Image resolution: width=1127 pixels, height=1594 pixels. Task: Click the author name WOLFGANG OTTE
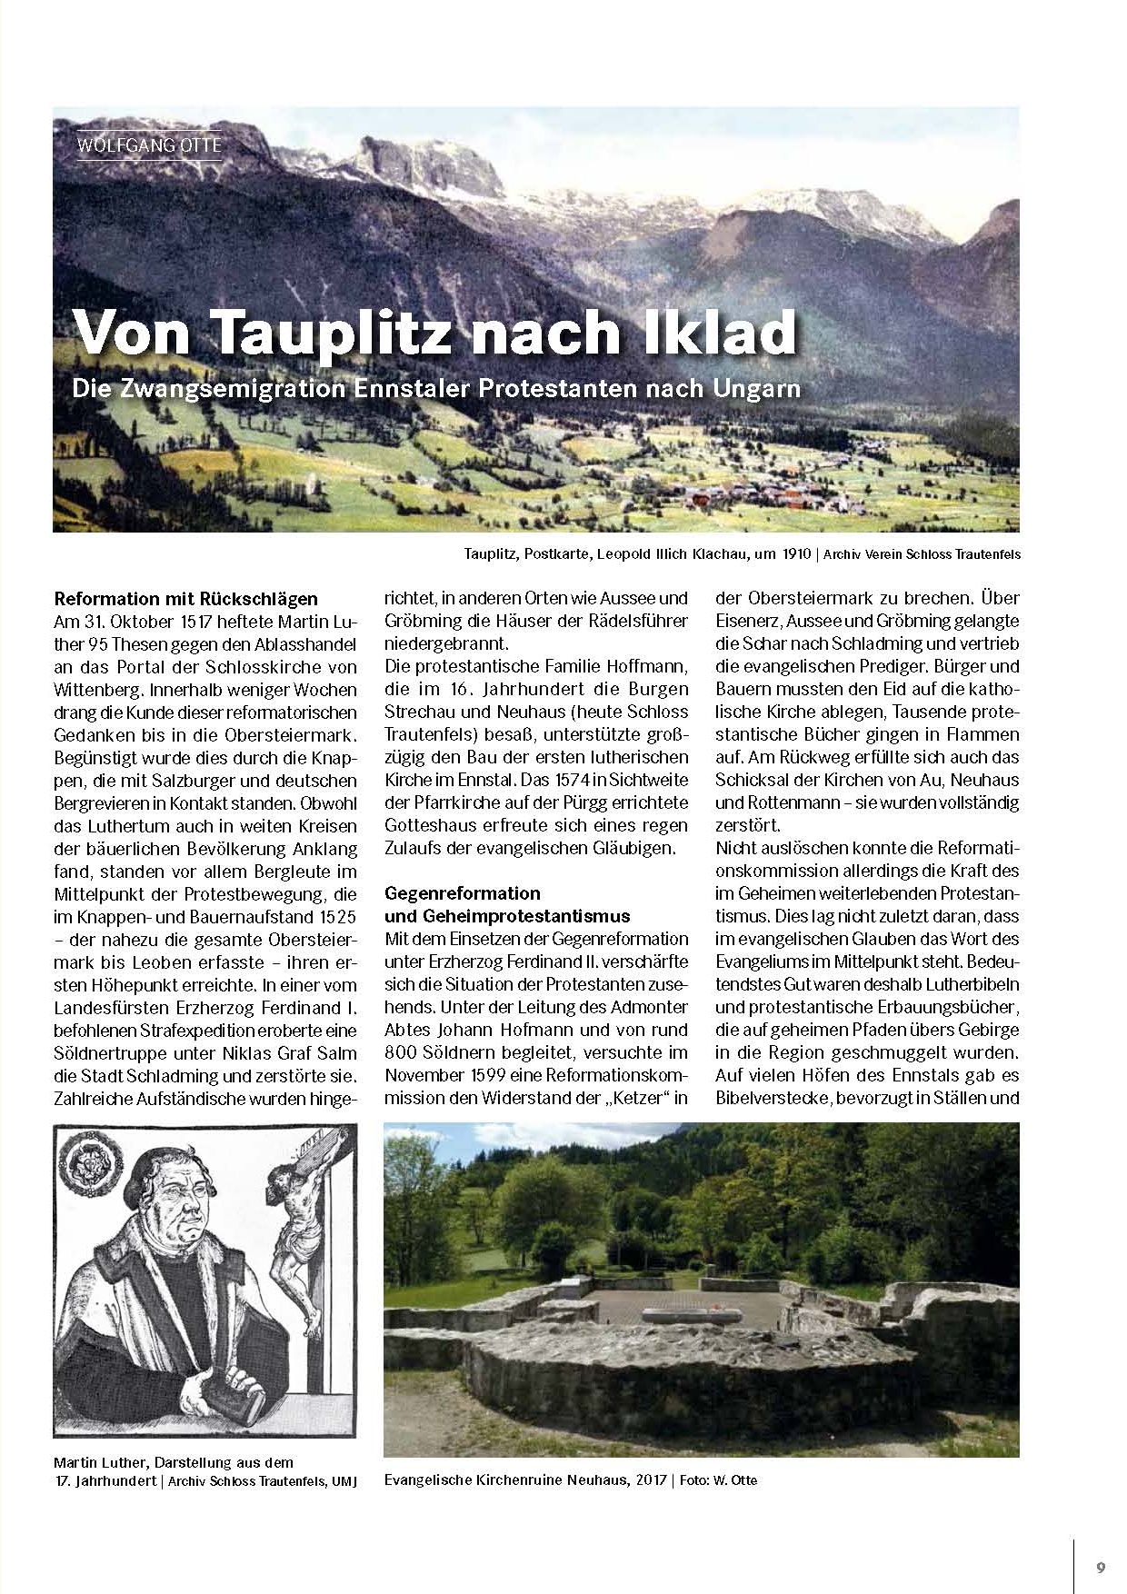150,144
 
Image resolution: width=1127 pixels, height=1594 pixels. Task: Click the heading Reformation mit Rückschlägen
186,599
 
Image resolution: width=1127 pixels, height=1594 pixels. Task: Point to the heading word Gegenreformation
463,892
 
